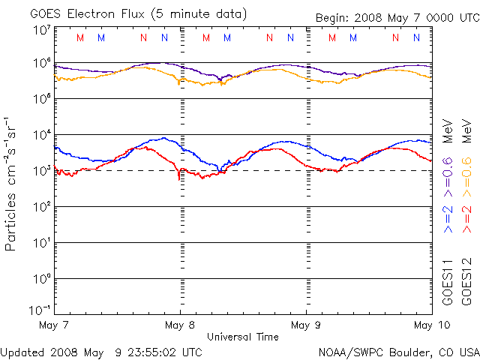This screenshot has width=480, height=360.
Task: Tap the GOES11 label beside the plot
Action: [448, 281]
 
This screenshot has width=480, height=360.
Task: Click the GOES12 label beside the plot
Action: [466, 281]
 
